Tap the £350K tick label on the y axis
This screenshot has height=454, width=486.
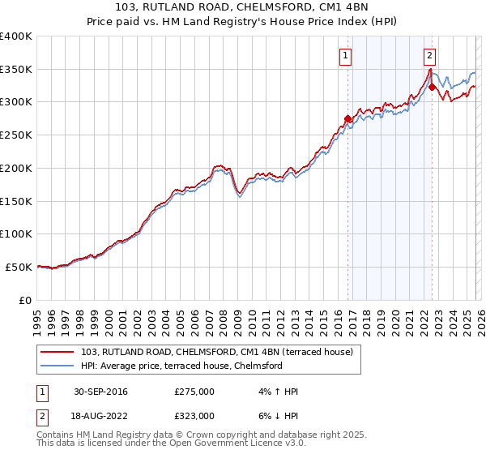16,69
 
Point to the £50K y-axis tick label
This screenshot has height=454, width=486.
19,267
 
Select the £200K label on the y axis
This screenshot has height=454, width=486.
16,168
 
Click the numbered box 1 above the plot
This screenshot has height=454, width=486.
346,56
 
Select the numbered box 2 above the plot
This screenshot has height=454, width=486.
429,56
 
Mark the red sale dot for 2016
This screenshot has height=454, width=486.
348,118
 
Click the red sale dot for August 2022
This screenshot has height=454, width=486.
433,87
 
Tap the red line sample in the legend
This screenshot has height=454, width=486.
58,353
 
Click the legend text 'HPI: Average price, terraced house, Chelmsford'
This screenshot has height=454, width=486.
181,366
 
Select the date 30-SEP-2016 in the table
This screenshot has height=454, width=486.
100,392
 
